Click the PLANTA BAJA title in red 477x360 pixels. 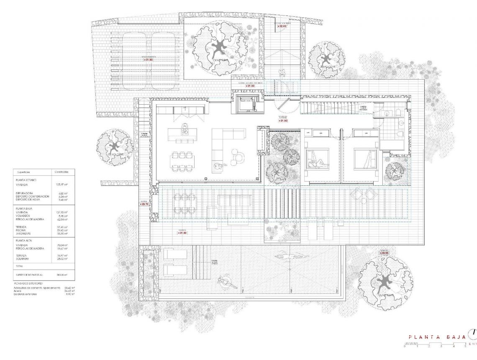[x=437, y=337]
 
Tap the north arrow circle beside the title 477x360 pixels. [x=473, y=333]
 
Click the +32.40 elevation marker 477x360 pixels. [x=283, y=26]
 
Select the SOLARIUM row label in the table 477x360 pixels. [x=23, y=259]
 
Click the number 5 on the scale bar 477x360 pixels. [x=465, y=347]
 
